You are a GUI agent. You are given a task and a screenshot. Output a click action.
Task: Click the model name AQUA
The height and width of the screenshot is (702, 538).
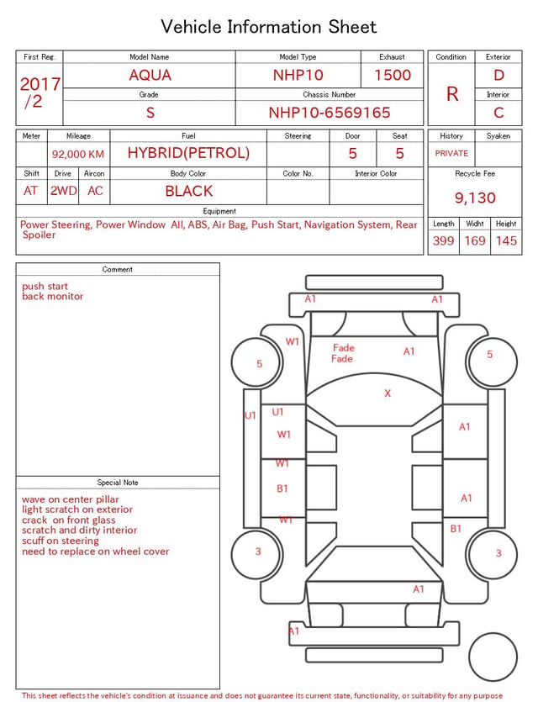tap(150, 75)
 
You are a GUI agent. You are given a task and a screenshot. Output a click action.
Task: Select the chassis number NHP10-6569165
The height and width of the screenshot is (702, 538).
tap(330, 113)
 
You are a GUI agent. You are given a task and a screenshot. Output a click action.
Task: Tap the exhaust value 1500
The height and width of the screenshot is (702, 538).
tap(393, 75)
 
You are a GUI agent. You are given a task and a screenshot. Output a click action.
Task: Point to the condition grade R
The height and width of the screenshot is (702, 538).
tap(452, 94)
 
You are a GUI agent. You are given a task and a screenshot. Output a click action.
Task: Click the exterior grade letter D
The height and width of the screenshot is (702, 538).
tap(498, 75)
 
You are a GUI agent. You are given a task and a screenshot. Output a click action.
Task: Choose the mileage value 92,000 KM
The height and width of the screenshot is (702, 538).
tap(78, 154)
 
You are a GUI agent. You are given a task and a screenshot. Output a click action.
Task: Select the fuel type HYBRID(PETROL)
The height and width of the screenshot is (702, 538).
tap(188, 153)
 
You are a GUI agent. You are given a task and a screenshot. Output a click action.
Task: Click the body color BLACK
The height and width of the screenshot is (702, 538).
tap(189, 191)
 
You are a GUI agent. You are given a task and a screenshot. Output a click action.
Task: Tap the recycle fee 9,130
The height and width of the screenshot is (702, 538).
tap(475, 198)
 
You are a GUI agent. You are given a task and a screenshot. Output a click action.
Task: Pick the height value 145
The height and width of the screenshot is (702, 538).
tap(506, 240)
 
